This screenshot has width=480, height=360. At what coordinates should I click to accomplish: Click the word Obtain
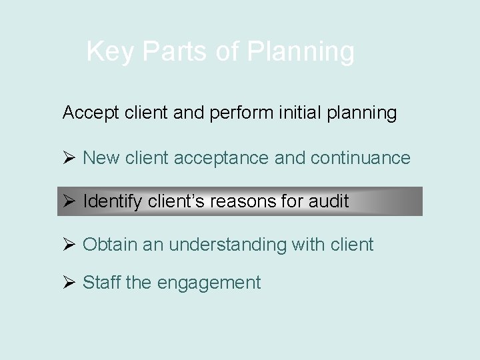tap(109, 245)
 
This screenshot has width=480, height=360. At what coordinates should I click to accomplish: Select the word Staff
tap(101, 283)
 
